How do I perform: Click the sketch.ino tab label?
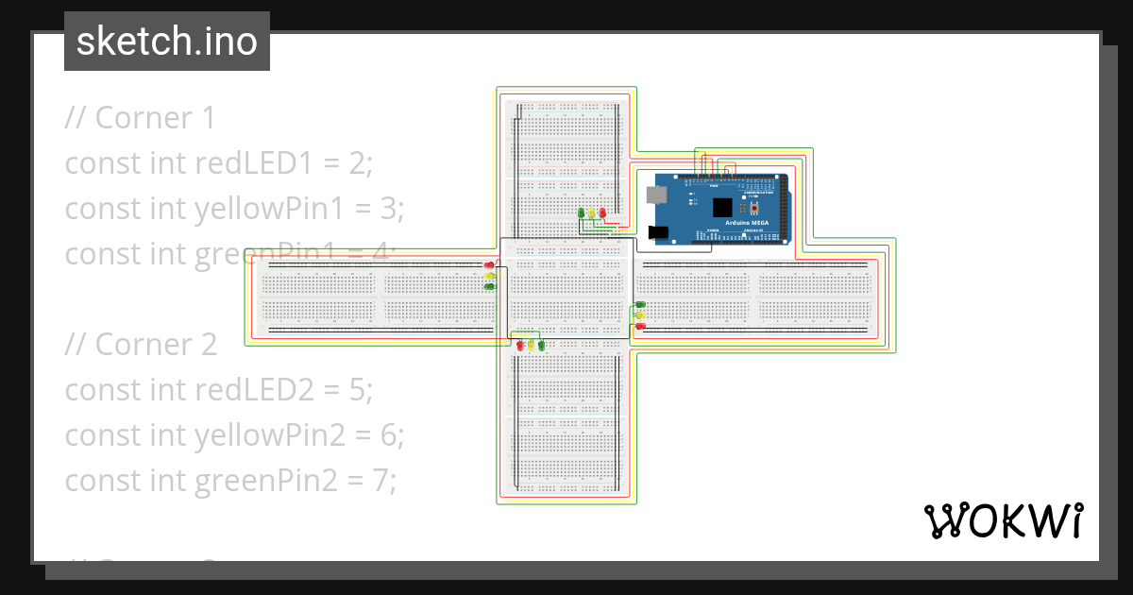click(x=167, y=42)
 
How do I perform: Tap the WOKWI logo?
click(x=1003, y=520)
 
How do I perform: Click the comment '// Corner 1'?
click(x=140, y=118)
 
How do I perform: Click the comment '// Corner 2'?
click(x=141, y=344)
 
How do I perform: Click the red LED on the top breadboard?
click(x=602, y=212)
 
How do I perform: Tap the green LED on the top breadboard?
click(x=581, y=212)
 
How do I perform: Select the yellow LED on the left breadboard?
click(x=489, y=276)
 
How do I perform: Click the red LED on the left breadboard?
click(x=489, y=265)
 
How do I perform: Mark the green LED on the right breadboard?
click(x=641, y=305)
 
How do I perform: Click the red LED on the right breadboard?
click(x=641, y=326)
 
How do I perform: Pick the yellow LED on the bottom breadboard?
click(x=531, y=346)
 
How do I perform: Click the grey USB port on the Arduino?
click(x=654, y=195)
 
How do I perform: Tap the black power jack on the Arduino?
click(x=659, y=231)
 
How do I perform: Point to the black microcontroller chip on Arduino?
click(x=722, y=207)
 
